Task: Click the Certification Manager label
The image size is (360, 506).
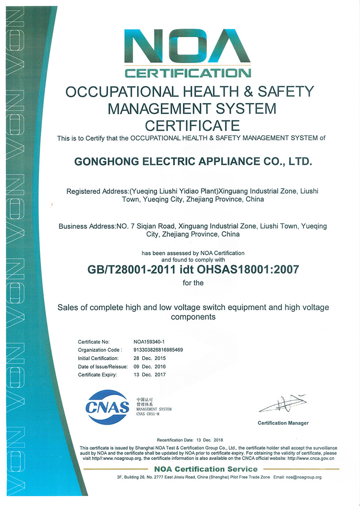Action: point(283,423)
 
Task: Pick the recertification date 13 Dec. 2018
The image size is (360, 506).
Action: point(209,440)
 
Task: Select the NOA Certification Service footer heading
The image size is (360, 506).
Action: point(205,469)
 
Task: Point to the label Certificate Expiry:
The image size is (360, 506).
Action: point(97,374)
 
